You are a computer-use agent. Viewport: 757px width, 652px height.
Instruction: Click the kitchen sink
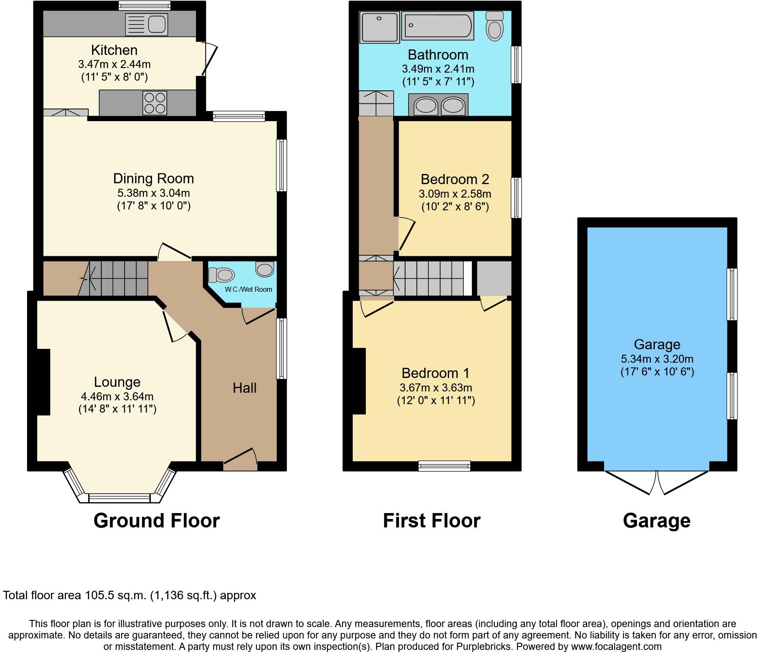[147, 24]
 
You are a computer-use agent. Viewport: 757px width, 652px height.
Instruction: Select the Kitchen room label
[114, 50]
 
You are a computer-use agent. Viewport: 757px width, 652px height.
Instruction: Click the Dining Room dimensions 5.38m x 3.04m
[153, 193]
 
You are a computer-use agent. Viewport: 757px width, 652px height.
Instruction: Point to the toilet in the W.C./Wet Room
[222, 275]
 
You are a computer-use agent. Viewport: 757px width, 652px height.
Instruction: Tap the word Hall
[245, 388]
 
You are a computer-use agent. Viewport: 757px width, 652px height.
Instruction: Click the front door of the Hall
[240, 460]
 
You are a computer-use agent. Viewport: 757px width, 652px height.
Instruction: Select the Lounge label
[117, 382]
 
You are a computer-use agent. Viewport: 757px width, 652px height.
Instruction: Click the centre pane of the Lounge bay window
[120, 498]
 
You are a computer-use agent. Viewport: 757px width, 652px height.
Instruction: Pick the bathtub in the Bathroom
[438, 26]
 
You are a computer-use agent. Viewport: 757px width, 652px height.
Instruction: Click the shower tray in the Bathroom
[379, 27]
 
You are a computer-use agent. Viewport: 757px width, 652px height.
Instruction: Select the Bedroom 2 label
[455, 179]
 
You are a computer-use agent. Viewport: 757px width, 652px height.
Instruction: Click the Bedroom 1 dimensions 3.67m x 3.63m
[436, 388]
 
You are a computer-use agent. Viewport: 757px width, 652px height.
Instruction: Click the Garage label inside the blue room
[657, 345]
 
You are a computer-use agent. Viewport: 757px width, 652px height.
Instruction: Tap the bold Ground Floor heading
[156, 521]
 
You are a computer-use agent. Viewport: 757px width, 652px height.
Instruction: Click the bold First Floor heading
[431, 521]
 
